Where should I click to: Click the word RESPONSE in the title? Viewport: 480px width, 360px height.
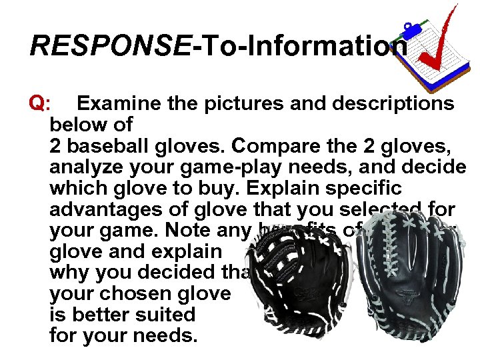110,46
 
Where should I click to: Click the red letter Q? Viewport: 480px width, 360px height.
38,103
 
